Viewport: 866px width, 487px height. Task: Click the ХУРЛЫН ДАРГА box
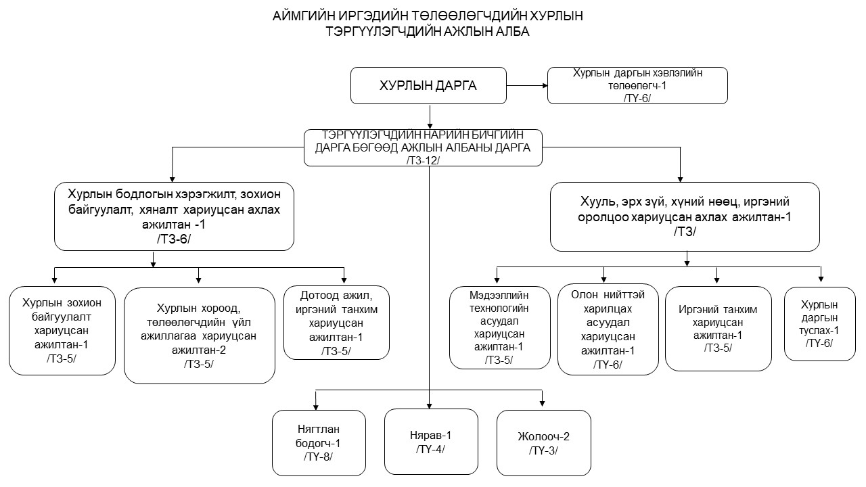pyautogui.click(x=428, y=85)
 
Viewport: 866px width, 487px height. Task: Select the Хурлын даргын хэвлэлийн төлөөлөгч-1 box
pyautogui.click(x=637, y=85)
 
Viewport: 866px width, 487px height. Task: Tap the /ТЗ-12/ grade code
pyautogui.click(x=423, y=160)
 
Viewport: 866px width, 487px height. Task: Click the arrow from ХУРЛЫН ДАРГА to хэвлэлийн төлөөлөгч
pyautogui.click(x=527, y=85)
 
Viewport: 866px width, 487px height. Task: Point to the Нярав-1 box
pyautogui.click(x=431, y=442)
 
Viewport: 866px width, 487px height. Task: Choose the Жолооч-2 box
pyautogui.click(x=543, y=443)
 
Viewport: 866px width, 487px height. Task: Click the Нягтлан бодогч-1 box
pyautogui.click(x=319, y=443)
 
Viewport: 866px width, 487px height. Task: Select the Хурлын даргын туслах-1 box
pyautogui.click(x=819, y=324)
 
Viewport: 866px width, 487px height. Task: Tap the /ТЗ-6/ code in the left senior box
pyautogui.click(x=174, y=239)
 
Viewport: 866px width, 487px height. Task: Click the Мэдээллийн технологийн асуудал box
pyautogui.click(x=499, y=327)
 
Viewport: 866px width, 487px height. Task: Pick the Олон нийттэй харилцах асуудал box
pyautogui.click(x=608, y=329)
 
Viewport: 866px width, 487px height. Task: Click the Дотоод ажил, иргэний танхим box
pyautogui.click(x=336, y=323)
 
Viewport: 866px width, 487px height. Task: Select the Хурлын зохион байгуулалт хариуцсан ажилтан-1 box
pyautogui.click(x=62, y=331)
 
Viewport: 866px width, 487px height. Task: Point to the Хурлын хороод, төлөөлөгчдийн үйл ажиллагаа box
pyautogui.click(x=199, y=335)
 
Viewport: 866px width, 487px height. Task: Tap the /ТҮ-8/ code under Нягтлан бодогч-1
pyautogui.click(x=318, y=457)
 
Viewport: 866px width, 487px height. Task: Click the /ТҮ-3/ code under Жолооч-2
pyautogui.click(x=543, y=450)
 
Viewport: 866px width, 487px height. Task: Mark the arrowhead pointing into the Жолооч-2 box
pyautogui.click(x=542, y=404)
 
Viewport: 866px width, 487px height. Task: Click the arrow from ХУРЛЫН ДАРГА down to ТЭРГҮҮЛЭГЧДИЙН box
pyautogui.click(x=430, y=117)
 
